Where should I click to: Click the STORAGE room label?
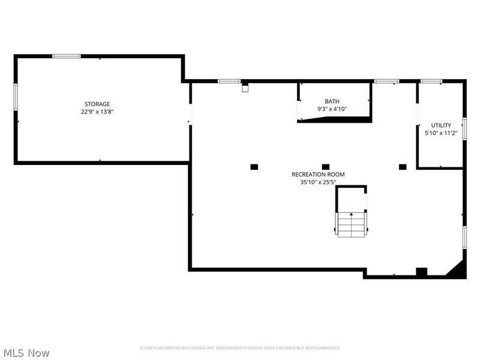97,104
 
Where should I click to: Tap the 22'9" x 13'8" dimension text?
97,112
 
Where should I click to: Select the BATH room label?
332,101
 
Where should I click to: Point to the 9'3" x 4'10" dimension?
332,109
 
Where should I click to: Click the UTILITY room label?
441,125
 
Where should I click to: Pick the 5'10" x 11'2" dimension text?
441,133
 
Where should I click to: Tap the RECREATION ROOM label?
318,174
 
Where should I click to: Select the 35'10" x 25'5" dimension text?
318,182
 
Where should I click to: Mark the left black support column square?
254,166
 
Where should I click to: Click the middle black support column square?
326,166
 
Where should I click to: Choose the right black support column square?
403,166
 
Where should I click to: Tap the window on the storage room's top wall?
67,56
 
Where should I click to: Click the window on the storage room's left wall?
16,98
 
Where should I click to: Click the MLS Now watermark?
26,353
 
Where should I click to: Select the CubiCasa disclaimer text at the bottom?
240,348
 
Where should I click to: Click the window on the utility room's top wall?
431,81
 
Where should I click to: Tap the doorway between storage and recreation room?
190,113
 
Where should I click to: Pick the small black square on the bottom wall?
421,272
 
